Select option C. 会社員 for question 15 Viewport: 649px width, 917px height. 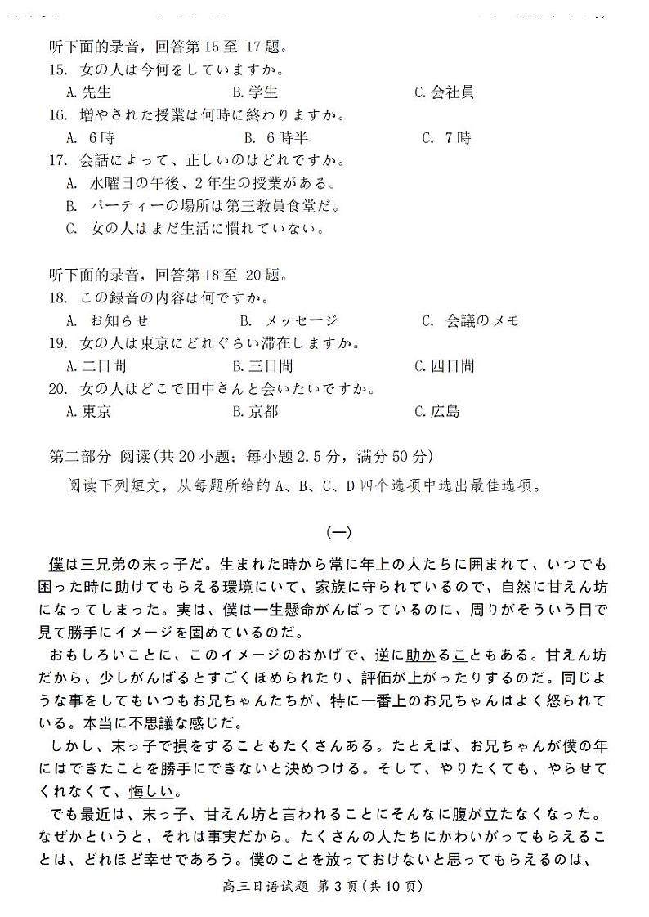[x=444, y=92]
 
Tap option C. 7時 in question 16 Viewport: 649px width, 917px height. [x=446, y=138]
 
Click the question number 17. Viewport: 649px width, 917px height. [x=58, y=161]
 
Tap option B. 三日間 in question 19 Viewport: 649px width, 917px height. [x=262, y=366]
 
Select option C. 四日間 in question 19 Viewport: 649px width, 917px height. [x=444, y=366]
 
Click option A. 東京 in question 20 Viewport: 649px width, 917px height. [x=88, y=412]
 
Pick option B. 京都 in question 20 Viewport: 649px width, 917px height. [x=255, y=412]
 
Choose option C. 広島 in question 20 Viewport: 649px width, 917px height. [x=437, y=412]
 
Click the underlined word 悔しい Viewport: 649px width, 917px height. [x=155, y=793]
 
